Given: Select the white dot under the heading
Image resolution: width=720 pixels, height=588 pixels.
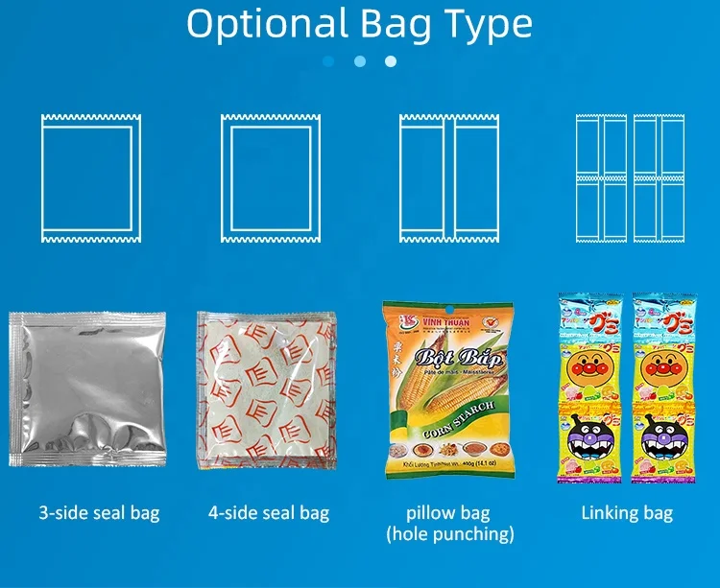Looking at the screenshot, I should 391,61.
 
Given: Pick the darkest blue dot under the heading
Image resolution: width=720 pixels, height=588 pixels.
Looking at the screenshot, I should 328,61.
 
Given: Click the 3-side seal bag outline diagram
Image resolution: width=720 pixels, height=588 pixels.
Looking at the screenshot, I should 90,177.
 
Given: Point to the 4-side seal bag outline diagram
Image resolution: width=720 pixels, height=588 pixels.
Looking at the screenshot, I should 270,177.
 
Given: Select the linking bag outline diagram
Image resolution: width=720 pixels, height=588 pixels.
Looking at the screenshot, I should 630,177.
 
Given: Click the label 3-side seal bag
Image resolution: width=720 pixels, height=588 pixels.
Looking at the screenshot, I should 99,512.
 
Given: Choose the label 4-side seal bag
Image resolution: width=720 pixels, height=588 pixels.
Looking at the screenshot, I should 269,512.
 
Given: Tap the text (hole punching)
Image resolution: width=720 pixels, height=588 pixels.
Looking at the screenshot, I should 449,534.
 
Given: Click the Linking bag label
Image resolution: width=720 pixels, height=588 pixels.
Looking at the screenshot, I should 627,512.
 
